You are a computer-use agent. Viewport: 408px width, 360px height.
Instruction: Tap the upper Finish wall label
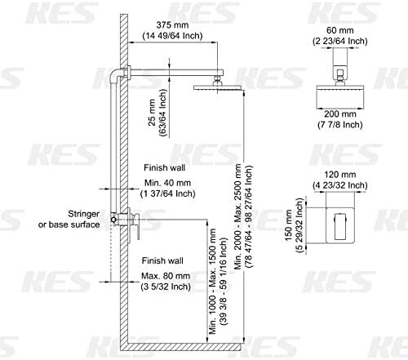(164, 166)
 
